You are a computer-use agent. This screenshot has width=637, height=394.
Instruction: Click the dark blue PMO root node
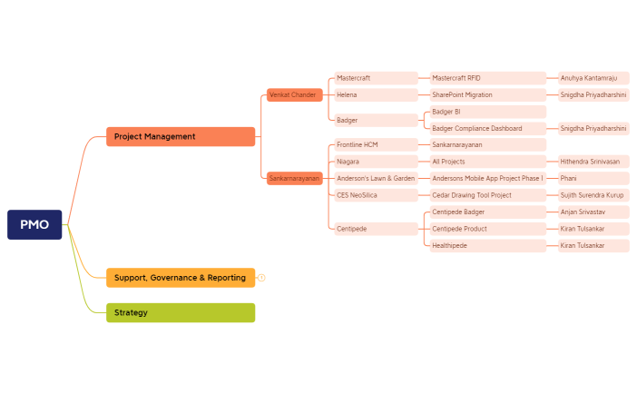click(34, 224)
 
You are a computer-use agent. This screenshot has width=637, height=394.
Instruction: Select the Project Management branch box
click(180, 136)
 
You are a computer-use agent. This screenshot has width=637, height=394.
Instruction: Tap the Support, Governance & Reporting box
click(180, 277)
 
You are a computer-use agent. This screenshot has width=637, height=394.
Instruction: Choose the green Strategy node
click(180, 312)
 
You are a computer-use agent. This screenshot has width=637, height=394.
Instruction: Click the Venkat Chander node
click(294, 94)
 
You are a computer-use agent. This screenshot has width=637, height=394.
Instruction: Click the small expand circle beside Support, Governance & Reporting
click(261, 277)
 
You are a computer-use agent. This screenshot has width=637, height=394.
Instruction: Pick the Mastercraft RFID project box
click(487, 78)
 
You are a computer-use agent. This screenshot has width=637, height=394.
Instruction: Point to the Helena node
click(375, 94)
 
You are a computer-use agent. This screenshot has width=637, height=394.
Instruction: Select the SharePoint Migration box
click(487, 94)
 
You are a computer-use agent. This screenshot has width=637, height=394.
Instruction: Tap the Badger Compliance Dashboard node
click(487, 128)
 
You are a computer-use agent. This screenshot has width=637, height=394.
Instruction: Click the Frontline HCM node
click(375, 144)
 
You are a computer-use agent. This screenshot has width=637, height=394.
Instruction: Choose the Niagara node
click(375, 162)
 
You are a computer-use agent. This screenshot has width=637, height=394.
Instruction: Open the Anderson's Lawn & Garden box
click(375, 178)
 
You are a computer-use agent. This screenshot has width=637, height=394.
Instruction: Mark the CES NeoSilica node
click(375, 195)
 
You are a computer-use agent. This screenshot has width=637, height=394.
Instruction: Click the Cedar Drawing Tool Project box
click(487, 195)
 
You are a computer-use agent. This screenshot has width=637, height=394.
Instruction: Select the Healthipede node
click(487, 245)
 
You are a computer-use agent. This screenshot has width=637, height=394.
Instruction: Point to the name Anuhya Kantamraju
click(593, 78)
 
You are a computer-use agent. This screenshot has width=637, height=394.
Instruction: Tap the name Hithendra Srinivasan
click(593, 162)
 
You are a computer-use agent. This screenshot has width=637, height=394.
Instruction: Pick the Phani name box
click(593, 178)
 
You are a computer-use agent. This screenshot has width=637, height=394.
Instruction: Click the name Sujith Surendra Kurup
click(593, 195)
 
